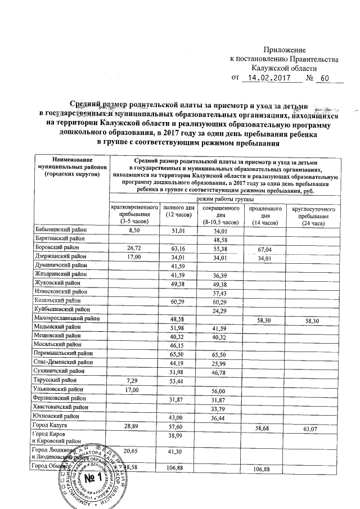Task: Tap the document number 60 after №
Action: (323, 78)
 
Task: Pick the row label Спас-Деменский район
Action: (63, 363)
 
